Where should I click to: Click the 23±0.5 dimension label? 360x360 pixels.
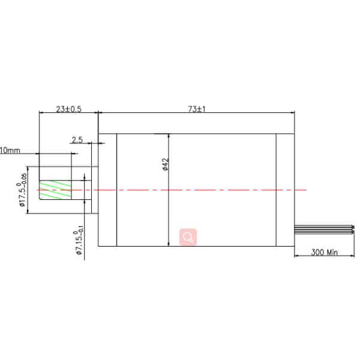(x=68, y=109)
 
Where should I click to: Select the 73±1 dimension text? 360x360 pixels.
(x=197, y=109)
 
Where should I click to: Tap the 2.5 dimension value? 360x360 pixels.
(x=77, y=140)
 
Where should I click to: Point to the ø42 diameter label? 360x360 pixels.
(x=165, y=165)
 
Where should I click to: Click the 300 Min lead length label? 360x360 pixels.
(x=325, y=253)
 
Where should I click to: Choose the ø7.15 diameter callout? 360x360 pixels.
(x=78, y=243)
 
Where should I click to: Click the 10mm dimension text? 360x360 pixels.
(x=10, y=150)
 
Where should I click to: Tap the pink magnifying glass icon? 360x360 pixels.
(x=188, y=237)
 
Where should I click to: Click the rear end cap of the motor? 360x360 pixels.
(x=286, y=189)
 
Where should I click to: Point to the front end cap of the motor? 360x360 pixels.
(x=107, y=189)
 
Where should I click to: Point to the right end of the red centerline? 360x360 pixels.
(x=306, y=190)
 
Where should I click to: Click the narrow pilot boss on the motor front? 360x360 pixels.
(x=95, y=189)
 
